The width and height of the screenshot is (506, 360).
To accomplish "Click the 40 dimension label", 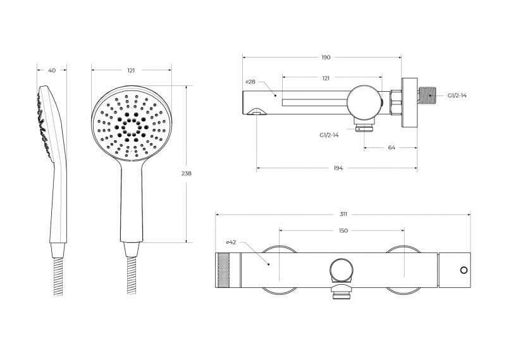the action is [x=52, y=70].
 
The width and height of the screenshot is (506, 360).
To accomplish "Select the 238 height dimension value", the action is [x=186, y=173].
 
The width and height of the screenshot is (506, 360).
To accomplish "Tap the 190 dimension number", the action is [x=326, y=58].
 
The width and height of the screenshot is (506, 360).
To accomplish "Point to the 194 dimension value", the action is [x=338, y=168].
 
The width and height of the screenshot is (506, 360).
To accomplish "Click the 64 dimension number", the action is [x=392, y=147].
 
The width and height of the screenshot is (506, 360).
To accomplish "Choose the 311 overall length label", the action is [x=343, y=214].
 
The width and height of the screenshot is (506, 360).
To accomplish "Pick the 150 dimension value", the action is [x=343, y=230].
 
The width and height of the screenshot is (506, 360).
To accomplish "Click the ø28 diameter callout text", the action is [x=250, y=82].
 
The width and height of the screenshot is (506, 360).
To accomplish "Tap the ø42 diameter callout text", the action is [x=231, y=242].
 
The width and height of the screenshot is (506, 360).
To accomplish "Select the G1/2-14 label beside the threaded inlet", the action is [x=457, y=96].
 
